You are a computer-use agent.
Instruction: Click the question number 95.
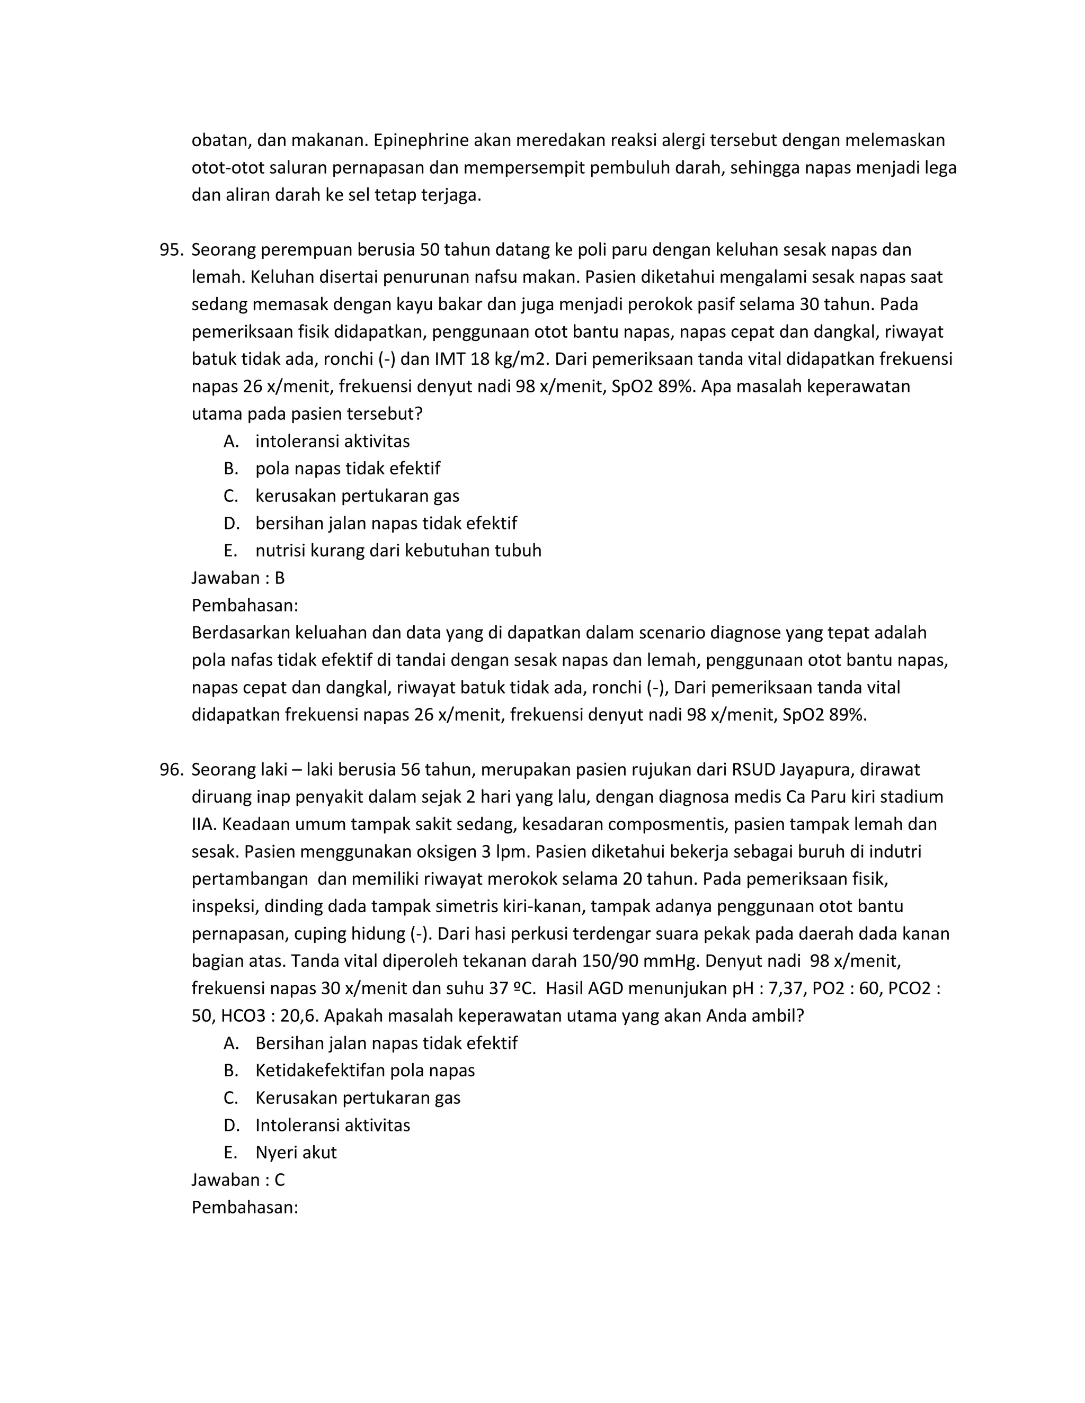(171, 249)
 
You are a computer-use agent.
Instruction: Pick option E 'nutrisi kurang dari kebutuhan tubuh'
(398, 550)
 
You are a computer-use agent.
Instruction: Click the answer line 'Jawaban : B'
(238, 578)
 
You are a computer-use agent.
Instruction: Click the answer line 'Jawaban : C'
(238, 1180)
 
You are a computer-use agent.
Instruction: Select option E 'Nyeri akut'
(296, 1152)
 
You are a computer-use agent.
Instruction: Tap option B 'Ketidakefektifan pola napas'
(364, 1070)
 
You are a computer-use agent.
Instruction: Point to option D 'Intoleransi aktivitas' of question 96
(332, 1125)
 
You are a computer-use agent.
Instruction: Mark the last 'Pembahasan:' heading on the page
(244, 1207)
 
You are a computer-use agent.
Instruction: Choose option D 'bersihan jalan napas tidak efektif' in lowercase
(386, 523)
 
